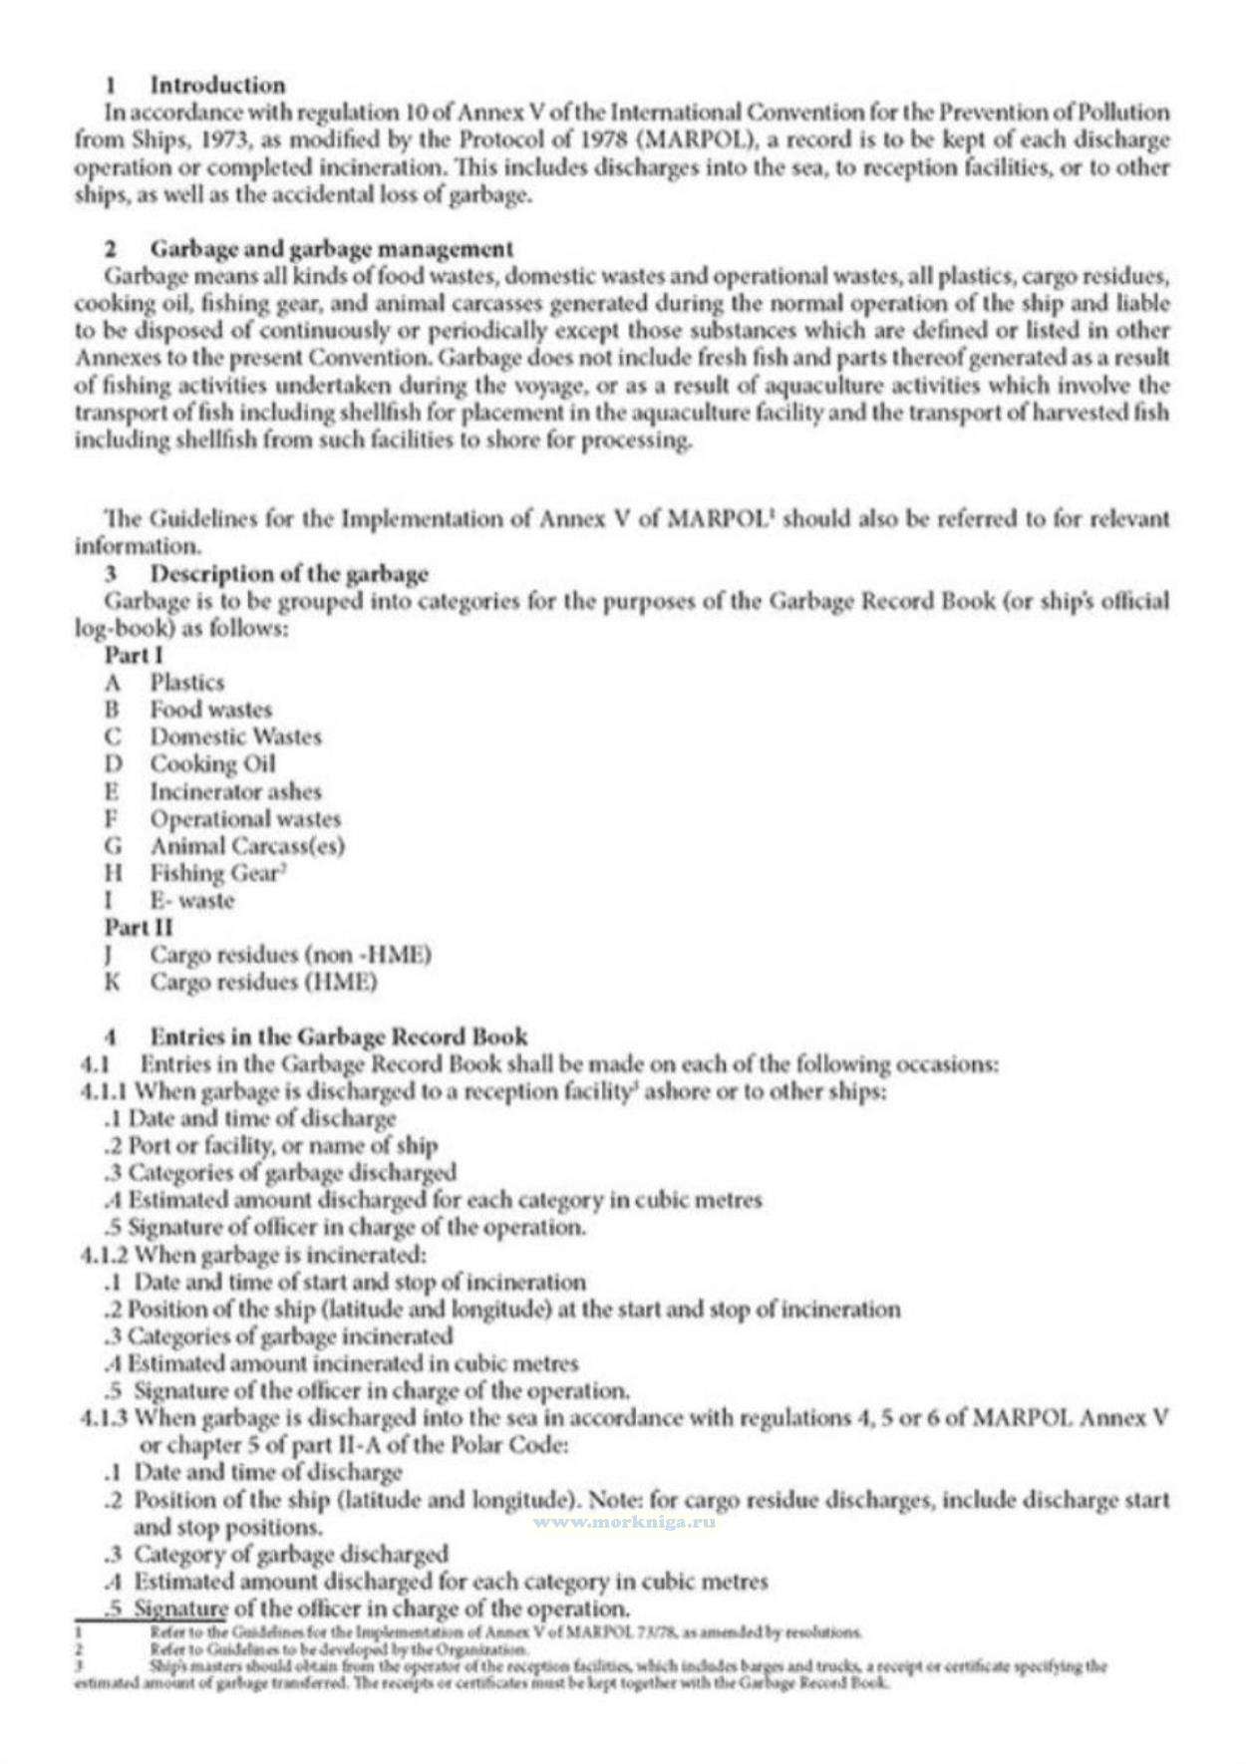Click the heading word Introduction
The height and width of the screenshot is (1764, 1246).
pyautogui.click(x=217, y=85)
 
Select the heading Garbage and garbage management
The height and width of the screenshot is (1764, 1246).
pyautogui.click(x=332, y=248)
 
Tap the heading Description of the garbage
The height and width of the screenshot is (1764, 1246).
pyautogui.click(x=289, y=574)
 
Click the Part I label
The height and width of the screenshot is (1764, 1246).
pyautogui.click(x=134, y=656)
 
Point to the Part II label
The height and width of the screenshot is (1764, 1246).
pyautogui.click(x=139, y=928)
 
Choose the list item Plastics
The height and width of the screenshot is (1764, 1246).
pyautogui.click(x=187, y=683)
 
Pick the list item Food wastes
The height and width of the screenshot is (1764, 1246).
pyautogui.click(x=211, y=710)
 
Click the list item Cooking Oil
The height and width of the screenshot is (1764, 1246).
pyautogui.click(x=212, y=764)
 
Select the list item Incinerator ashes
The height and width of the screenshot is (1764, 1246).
pyautogui.click(x=236, y=791)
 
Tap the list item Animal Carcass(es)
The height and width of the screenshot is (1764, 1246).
pyautogui.click(x=247, y=846)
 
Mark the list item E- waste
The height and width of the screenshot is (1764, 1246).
pyautogui.click(x=192, y=901)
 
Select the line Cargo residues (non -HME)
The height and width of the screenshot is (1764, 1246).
pyautogui.click(x=291, y=955)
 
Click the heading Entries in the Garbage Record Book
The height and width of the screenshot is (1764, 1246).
pyautogui.click(x=339, y=1036)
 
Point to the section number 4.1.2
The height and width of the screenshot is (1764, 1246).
pyautogui.click(x=104, y=1255)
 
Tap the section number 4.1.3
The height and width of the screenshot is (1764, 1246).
pyautogui.click(x=104, y=1417)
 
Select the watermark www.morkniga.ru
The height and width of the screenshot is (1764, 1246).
pyautogui.click(x=624, y=1522)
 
